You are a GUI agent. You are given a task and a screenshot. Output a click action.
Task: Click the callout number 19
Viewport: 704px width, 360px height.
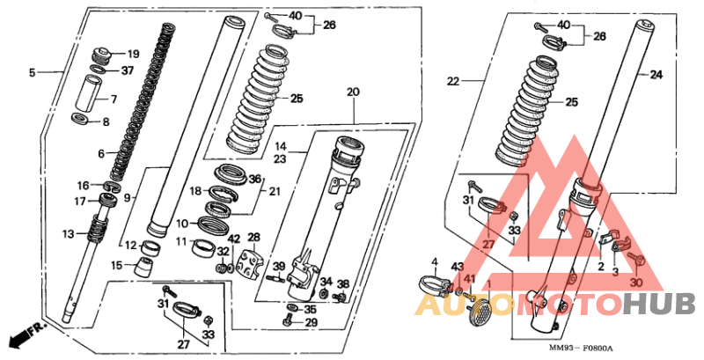click(x=134, y=55)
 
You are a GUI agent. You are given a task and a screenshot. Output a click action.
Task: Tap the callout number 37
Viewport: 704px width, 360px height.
click(x=128, y=70)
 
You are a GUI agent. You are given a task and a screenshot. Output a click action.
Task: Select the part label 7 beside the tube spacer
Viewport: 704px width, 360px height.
click(x=114, y=99)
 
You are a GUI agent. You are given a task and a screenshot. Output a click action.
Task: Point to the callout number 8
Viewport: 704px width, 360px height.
click(x=106, y=122)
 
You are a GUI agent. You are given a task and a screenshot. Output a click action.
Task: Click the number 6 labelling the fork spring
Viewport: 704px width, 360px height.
click(x=101, y=154)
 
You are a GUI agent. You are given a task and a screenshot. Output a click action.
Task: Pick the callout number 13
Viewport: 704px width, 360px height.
click(x=69, y=234)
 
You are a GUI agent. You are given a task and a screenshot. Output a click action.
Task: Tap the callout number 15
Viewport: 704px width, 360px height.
click(x=117, y=266)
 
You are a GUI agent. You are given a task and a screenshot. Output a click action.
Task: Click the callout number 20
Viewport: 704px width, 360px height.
click(x=354, y=92)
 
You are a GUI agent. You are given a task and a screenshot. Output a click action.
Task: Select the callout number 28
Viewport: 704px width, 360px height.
click(x=253, y=238)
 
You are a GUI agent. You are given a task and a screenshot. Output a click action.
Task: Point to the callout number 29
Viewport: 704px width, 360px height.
click(x=312, y=323)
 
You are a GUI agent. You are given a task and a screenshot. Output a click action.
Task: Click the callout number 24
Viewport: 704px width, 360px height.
click(x=656, y=75)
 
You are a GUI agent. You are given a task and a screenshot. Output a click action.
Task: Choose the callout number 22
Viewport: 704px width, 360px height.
click(x=453, y=81)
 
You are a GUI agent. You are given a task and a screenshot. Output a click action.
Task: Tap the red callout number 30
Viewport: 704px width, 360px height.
click(x=636, y=283)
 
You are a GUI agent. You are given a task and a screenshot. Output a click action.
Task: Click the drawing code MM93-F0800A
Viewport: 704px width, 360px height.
click(x=581, y=349)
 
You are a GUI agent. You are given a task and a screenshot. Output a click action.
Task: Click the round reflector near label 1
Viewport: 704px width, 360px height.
click(x=479, y=311)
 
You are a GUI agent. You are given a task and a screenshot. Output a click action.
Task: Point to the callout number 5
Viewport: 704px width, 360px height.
click(x=32, y=72)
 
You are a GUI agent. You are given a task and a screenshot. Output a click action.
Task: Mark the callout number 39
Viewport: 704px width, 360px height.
click(x=279, y=267)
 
